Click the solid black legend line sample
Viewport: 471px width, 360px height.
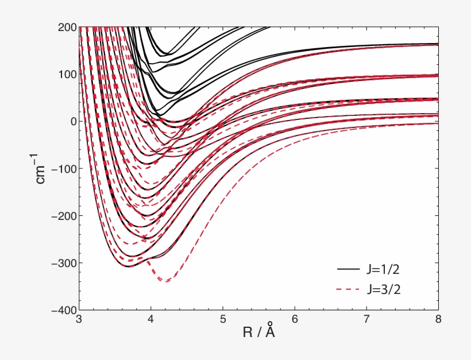pos(349,268)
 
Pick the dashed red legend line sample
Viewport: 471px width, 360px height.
pos(349,289)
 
